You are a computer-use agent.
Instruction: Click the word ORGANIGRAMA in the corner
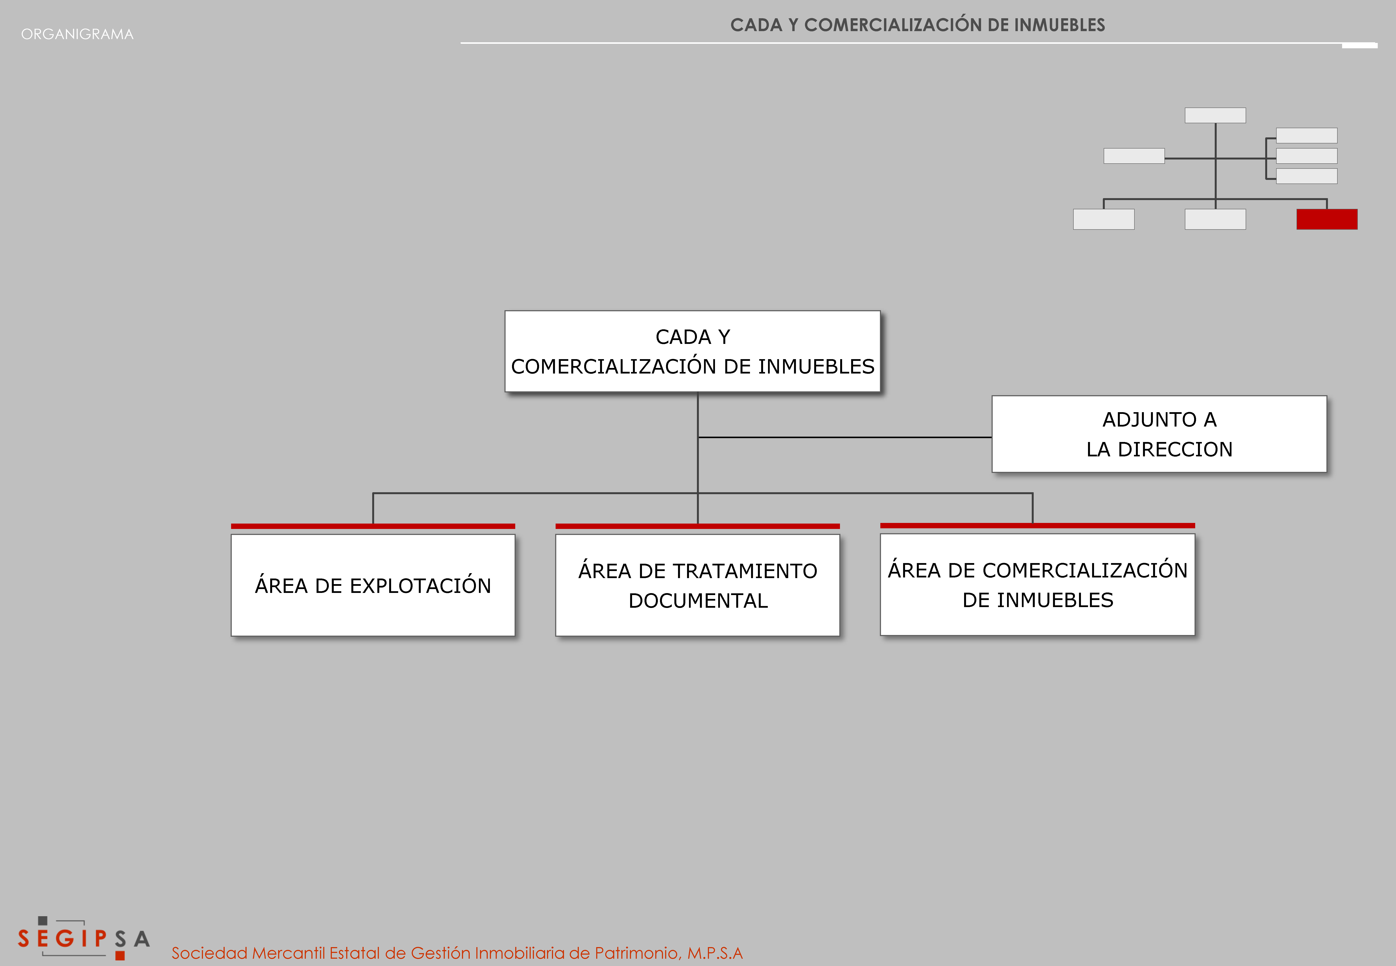pyautogui.click(x=78, y=34)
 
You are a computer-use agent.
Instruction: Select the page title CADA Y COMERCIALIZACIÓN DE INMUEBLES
pyautogui.click(x=918, y=25)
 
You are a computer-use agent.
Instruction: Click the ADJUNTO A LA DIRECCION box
pyautogui.click(x=1159, y=434)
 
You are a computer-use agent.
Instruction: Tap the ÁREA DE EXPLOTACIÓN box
pyautogui.click(x=373, y=585)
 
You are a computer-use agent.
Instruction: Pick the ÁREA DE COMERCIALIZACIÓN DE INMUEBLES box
pyautogui.click(x=1038, y=585)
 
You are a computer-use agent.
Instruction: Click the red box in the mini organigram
pyautogui.click(x=1327, y=219)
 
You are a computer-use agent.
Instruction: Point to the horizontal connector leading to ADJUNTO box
pyautogui.click(x=845, y=437)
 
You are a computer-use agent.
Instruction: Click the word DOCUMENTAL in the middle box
pyautogui.click(x=698, y=600)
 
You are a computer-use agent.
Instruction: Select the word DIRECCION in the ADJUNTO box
pyautogui.click(x=1175, y=449)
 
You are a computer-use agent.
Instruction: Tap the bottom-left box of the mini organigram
pyautogui.click(x=1104, y=219)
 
